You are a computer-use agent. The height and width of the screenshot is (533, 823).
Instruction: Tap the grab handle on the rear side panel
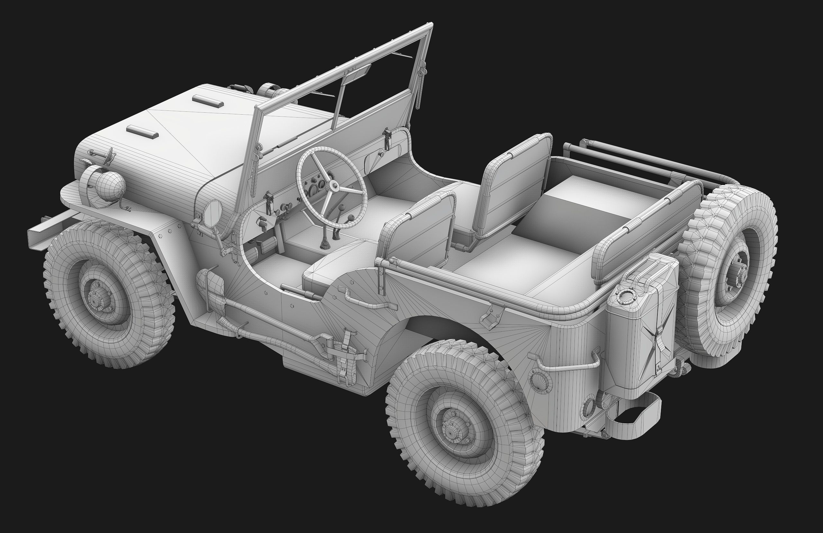(567, 366)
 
